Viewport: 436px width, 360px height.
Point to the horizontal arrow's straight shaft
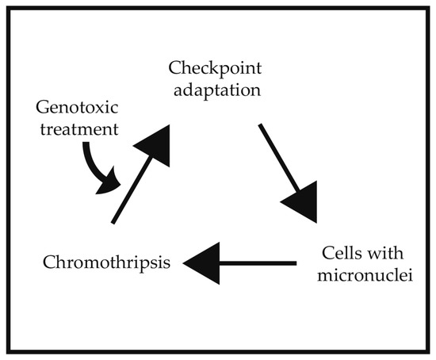click(258, 262)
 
